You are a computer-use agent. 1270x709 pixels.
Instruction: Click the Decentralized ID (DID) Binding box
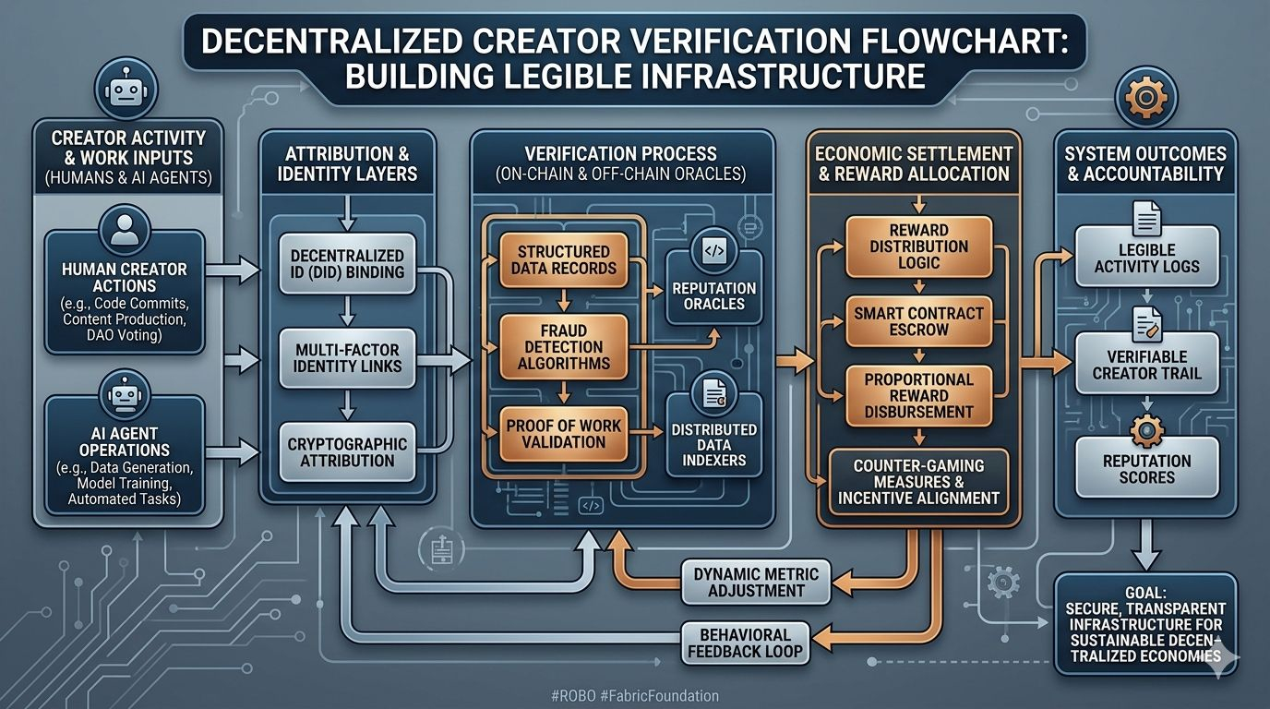pyautogui.click(x=347, y=264)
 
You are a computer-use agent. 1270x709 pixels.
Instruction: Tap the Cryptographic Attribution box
pyautogui.click(x=347, y=452)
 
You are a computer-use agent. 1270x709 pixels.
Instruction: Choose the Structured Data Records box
pyautogui.click(x=563, y=259)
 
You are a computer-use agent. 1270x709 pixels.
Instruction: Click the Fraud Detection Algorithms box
pyautogui.click(x=563, y=346)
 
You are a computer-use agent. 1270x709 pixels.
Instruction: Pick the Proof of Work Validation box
pyautogui.click(x=563, y=434)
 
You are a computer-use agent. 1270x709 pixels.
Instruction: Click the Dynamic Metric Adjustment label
pyautogui.click(x=756, y=582)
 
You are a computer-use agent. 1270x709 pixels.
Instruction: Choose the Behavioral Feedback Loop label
pyautogui.click(x=745, y=643)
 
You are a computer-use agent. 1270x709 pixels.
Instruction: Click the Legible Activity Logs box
pyautogui.click(x=1147, y=258)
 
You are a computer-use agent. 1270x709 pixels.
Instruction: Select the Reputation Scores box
pyautogui.click(x=1147, y=469)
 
